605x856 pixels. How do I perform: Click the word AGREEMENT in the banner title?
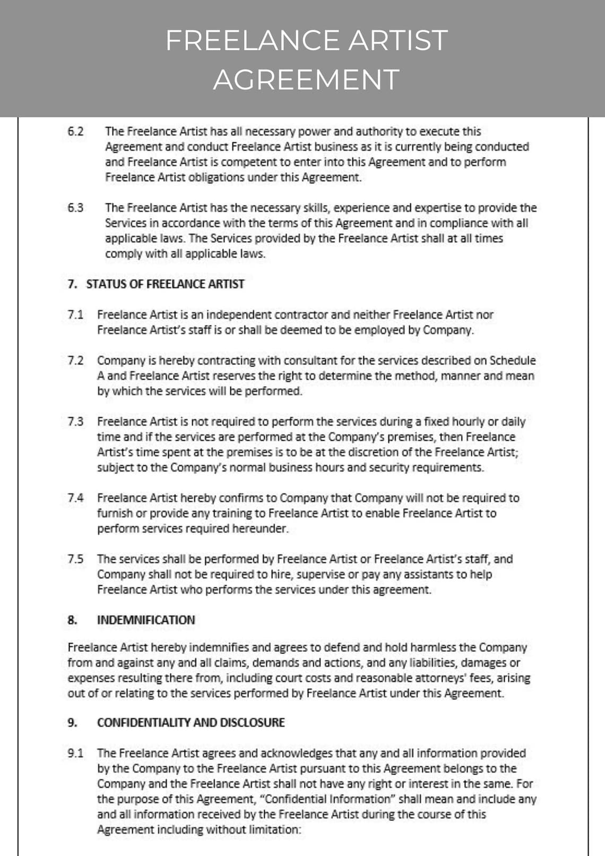point(306,80)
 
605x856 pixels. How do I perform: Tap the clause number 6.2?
point(75,131)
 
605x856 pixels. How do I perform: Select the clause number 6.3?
point(75,208)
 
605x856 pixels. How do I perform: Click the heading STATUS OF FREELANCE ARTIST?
point(165,284)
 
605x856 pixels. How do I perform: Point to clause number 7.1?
point(75,314)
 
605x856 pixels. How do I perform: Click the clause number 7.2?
point(75,361)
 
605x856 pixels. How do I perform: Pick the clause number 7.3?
point(75,422)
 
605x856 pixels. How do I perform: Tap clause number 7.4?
point(75,498)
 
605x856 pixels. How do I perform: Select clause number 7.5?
point(75,559)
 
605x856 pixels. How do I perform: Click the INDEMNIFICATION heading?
point(146,620)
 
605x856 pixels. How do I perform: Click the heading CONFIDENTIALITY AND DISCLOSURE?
point(191,722)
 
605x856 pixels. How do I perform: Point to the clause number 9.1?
point(75,753)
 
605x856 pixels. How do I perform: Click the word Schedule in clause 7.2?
point(512,361)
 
